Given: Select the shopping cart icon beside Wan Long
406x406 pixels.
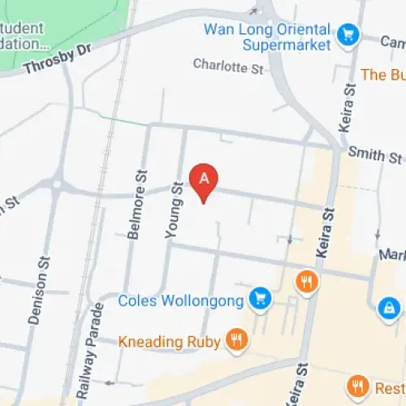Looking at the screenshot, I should tap(349, 35).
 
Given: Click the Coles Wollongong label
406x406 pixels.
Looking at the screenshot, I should tap(181, 301).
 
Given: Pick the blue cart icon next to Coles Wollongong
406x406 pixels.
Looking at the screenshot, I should tap(260, 299).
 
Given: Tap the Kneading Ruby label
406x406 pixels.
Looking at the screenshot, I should tap(169, 341).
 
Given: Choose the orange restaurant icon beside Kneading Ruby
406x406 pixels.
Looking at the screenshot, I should tap(236, 340).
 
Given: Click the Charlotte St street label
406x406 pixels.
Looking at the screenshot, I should tap(229, 66).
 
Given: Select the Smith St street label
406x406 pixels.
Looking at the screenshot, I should tap(375, 153).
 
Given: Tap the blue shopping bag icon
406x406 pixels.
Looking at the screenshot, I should tap(389, 309).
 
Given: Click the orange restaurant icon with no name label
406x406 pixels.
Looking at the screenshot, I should tap(307, 281).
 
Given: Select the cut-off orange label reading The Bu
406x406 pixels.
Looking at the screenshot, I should tap(382, 75).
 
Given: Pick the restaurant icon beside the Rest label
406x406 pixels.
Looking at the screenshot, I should tap(356, 384).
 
